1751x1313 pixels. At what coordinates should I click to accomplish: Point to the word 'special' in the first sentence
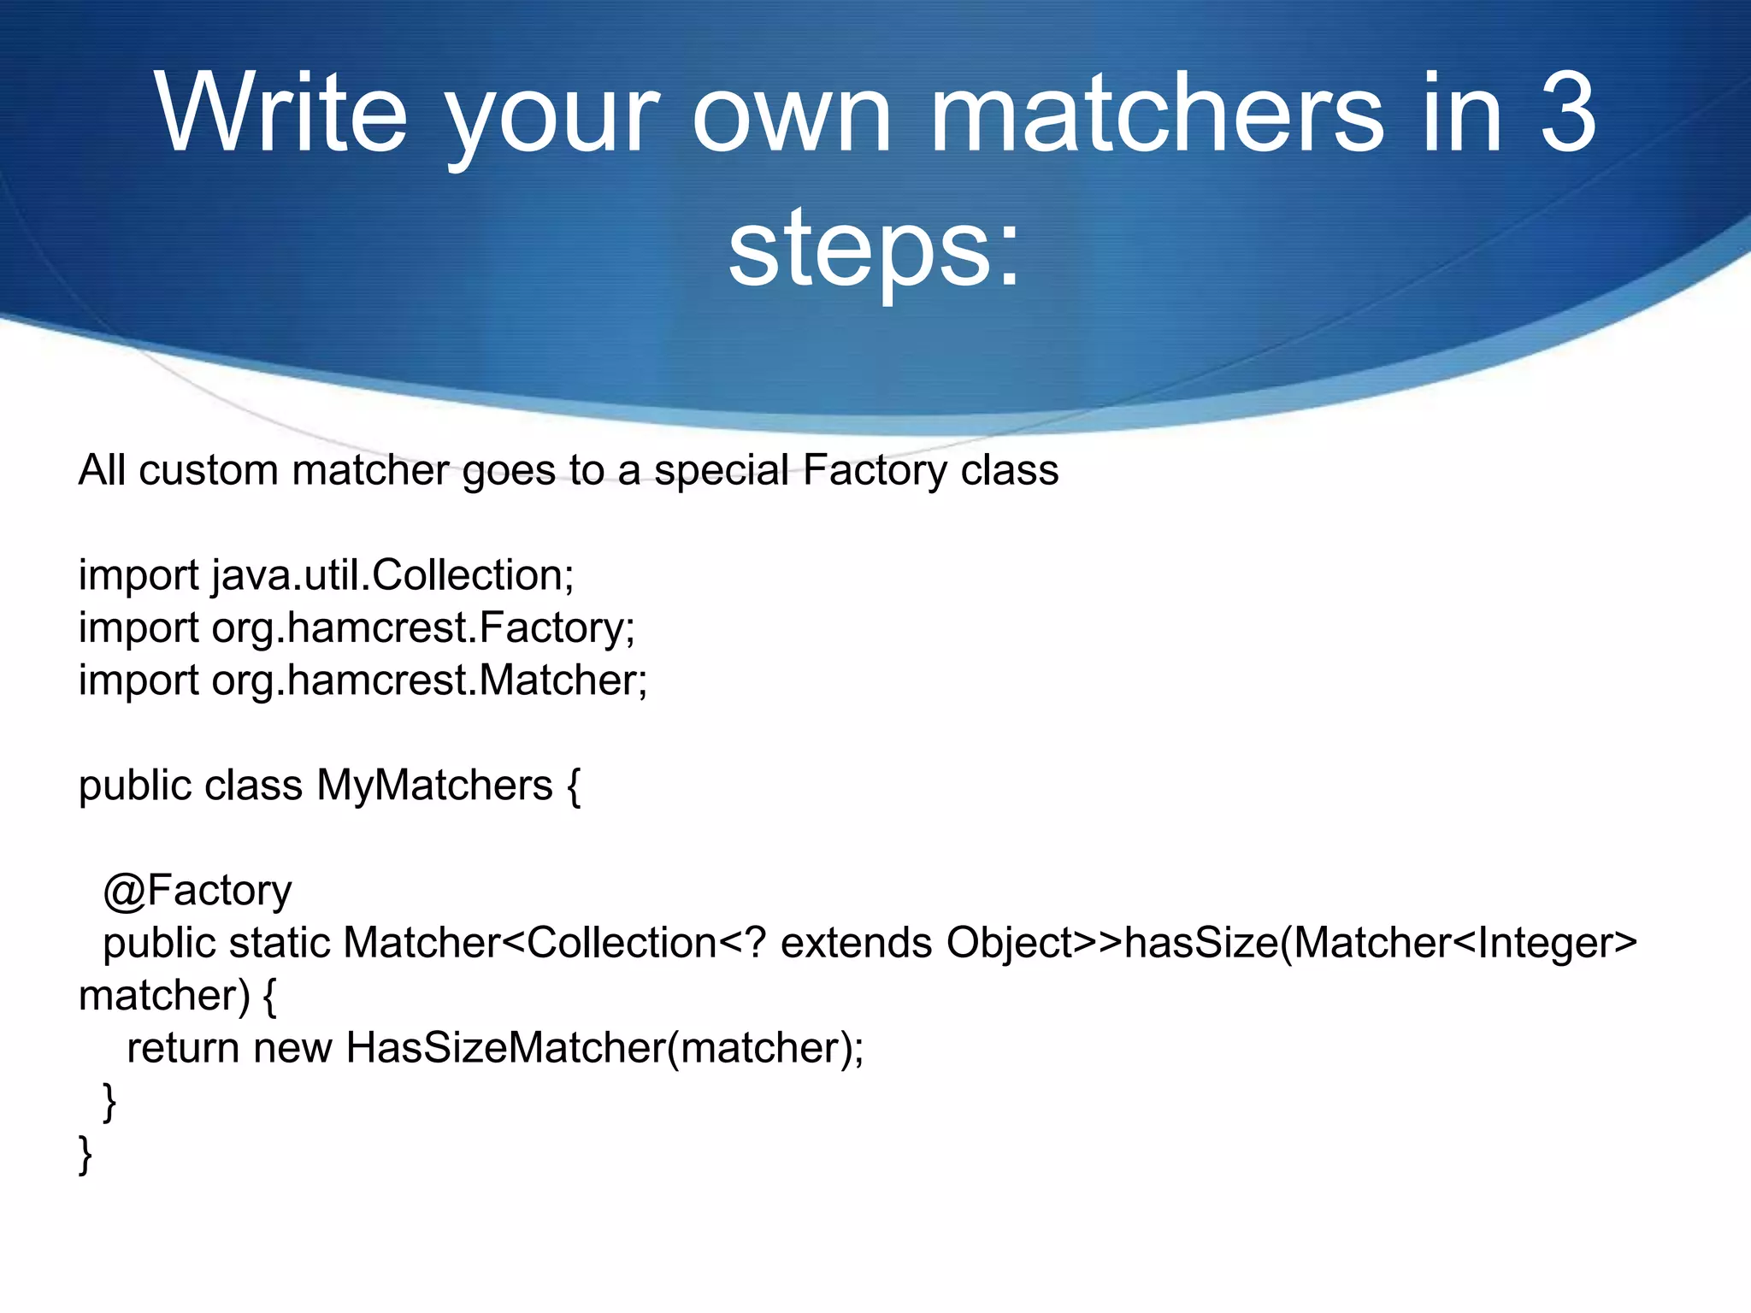722,470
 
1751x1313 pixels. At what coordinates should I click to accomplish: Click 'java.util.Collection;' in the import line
393,575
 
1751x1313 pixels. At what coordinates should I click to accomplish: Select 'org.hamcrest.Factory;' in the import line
423,627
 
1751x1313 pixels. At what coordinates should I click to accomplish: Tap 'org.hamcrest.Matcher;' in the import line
430,680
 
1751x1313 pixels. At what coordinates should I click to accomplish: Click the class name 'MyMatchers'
434,785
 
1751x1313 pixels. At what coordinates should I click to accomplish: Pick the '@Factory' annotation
198,891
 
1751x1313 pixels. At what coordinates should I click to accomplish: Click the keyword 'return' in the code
183,1048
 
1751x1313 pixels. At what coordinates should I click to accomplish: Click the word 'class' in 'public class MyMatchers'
253,785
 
